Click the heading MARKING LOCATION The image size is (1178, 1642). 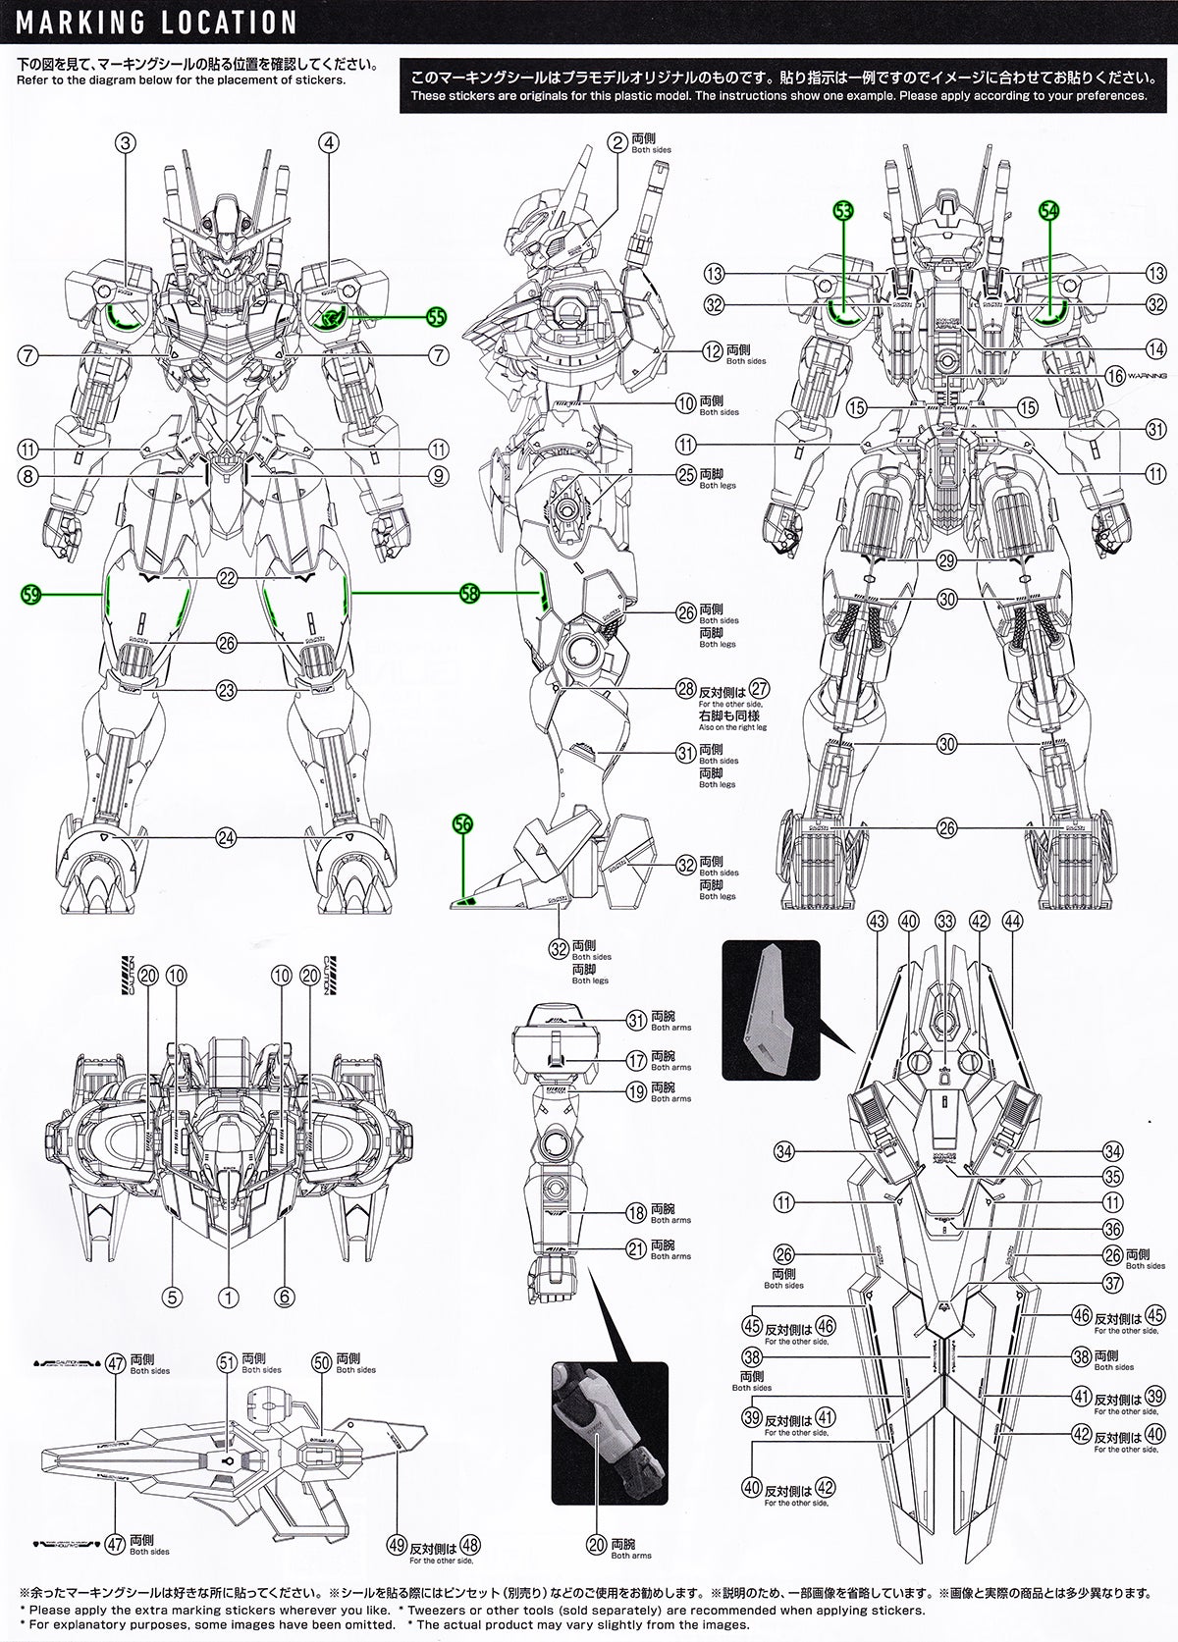(x=157, y=22)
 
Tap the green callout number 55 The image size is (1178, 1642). (x=436, y=316)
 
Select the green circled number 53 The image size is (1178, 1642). (x=843, y=209)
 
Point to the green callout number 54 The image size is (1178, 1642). (x=1048, y=209)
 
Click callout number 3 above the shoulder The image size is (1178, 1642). (x=125, y=143)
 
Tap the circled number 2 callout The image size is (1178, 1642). (x=616, y=143)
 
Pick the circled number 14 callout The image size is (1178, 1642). (x=1155, y=348)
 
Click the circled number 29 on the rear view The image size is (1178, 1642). (x=945, y=561)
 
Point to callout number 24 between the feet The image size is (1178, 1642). (x=228, y=837)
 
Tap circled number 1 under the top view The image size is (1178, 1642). (x=228, y=1297)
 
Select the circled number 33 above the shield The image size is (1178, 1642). (x=945, y=921)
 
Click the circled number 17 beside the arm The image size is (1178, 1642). (x=635, y=1060)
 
